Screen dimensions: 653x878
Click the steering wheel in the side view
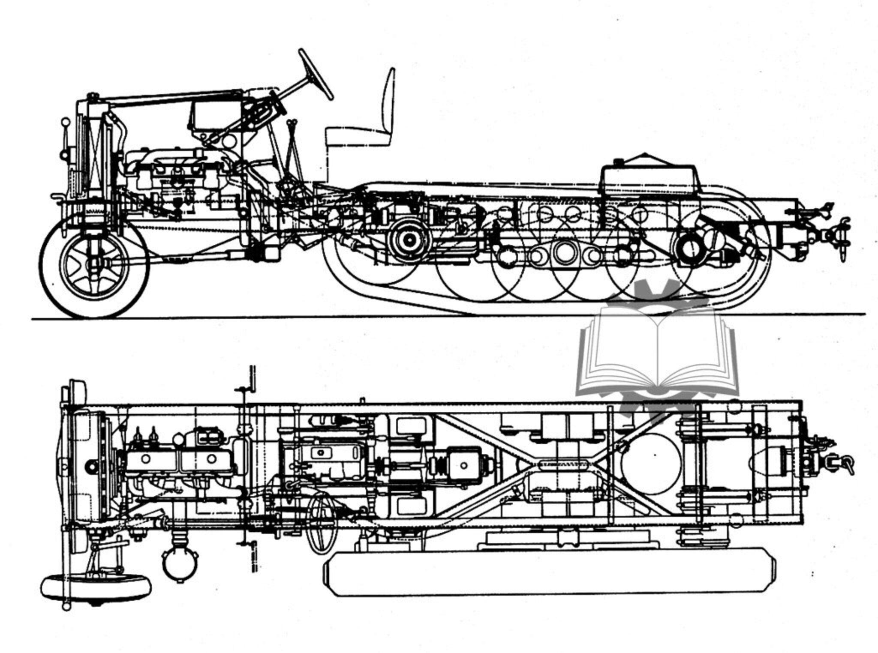pos(316,74)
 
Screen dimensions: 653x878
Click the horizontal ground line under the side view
pos(257,318)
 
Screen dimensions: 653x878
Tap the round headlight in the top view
pos(179,564)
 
